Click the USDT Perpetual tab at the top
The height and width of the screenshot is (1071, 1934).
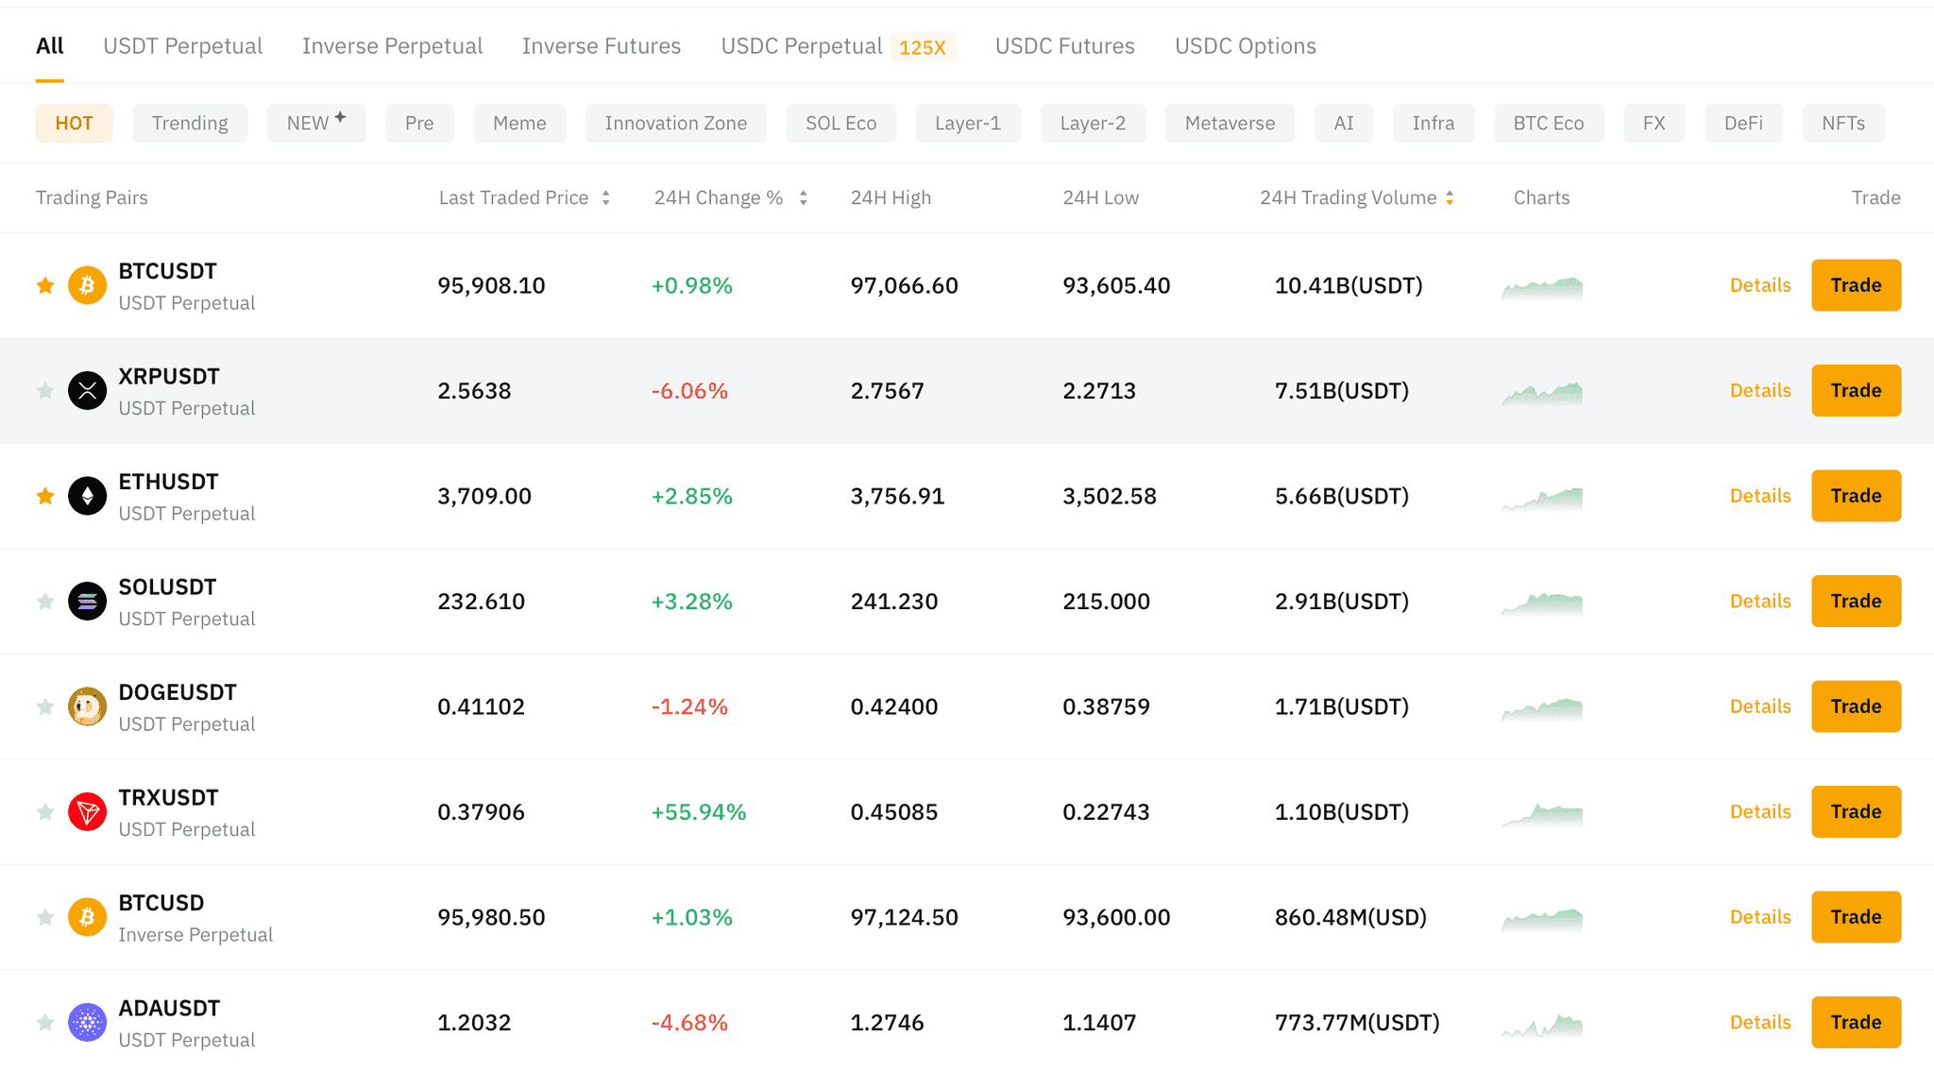coord(182,46)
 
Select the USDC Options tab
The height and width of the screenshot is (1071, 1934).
coord(1245,46)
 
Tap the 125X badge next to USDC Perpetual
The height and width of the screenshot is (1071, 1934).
coord(922,47)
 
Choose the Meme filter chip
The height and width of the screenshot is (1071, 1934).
coord(519,124)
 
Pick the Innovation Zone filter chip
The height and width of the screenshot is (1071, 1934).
coord(675,124)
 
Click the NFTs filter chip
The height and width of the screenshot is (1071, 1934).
coord(1842,124)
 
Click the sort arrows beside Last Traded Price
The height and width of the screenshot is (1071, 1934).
coord(605,198)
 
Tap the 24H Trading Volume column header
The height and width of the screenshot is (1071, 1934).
coord(1348,198)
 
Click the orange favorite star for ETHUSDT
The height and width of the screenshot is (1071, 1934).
coord(45,496)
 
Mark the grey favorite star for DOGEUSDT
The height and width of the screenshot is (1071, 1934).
coord(45,706)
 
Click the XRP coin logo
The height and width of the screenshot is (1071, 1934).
coord(87,390)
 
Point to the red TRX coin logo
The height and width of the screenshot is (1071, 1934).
coord(87,811)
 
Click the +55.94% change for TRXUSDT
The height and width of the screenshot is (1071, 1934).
coord(699,812)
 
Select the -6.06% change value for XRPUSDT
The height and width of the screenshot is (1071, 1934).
coord(689,391)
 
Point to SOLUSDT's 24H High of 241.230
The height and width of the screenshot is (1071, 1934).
coord(893,602)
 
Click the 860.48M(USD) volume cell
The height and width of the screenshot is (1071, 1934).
coord(1350,917)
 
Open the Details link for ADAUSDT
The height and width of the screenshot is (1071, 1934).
coord(1759,1022)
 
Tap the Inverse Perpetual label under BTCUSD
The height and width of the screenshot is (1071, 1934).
coord(195,935)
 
